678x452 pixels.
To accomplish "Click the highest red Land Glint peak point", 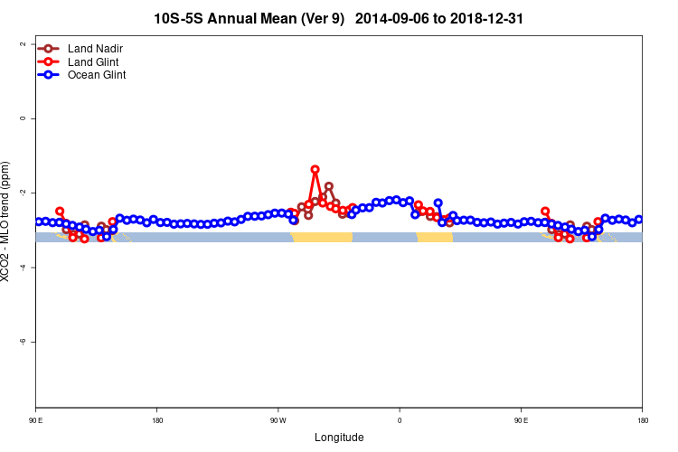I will (x=315, y=169).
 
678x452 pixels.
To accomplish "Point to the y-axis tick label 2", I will (x=22, y=43).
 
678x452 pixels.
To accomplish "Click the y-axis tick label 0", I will (x=22, y=118).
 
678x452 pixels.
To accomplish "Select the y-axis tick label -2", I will (x=20, y=193).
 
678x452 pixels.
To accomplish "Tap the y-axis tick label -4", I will (x=20, y=268).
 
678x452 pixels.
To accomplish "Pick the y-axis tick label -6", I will (x=20, y=342).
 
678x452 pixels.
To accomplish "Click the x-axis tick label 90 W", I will (x=278, y=420).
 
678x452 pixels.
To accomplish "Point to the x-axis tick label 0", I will (x=400, y=420).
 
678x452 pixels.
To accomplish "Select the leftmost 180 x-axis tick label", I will (x=157, y=420).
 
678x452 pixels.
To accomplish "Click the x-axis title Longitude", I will (x=339, y=438).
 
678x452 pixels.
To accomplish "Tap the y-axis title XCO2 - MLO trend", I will (x=7, y=221).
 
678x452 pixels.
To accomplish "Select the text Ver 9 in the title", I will (x=319, y=18).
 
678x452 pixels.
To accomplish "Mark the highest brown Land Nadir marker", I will (x=328, y=186).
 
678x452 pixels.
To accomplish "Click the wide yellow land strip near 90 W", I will (x=322, y=237).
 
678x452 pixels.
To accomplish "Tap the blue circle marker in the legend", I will (x=51, y=75).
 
